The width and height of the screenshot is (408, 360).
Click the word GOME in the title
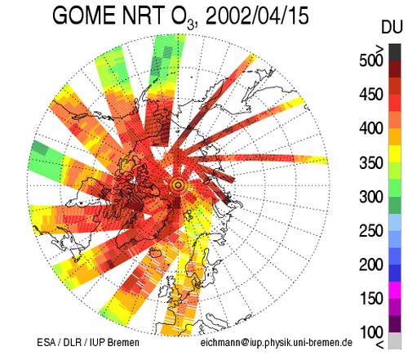(84, 16)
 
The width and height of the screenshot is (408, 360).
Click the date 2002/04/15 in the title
(257, 16)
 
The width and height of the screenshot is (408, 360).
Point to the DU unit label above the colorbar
(392, 27)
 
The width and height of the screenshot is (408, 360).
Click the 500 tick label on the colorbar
(371, 60)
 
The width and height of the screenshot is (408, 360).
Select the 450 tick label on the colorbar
(371, 95)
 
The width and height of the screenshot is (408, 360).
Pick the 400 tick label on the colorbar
(371, 128)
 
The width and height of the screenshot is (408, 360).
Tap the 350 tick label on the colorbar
(371, 162)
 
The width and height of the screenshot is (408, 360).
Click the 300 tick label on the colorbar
(371, 197)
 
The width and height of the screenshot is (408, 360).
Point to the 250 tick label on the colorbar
(371, 230)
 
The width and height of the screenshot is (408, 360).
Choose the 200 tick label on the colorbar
(371, 264)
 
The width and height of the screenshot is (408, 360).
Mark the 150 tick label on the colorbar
(371, 298)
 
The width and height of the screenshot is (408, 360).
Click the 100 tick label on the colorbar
(371, 332)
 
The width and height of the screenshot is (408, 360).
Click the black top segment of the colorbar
(395, 52)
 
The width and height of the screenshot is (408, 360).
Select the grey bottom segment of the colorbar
(395, 340)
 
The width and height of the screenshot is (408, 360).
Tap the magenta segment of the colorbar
(395, 291)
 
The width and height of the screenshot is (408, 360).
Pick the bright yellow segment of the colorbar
(395, 153)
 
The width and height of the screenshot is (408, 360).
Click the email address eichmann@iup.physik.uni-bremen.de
(277, 342)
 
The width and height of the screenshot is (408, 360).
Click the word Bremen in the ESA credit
(123, 342)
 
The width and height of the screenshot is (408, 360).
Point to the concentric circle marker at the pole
(178, 185)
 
